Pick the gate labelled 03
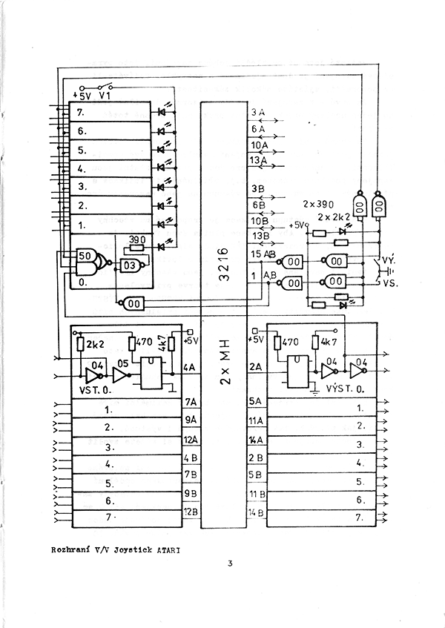click(x=130, y=266)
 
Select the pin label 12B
click(x=191, y=512)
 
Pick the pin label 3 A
click(x=257, y=112)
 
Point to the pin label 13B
click(x=260, y=236)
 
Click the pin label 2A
click(x=257, y=366)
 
